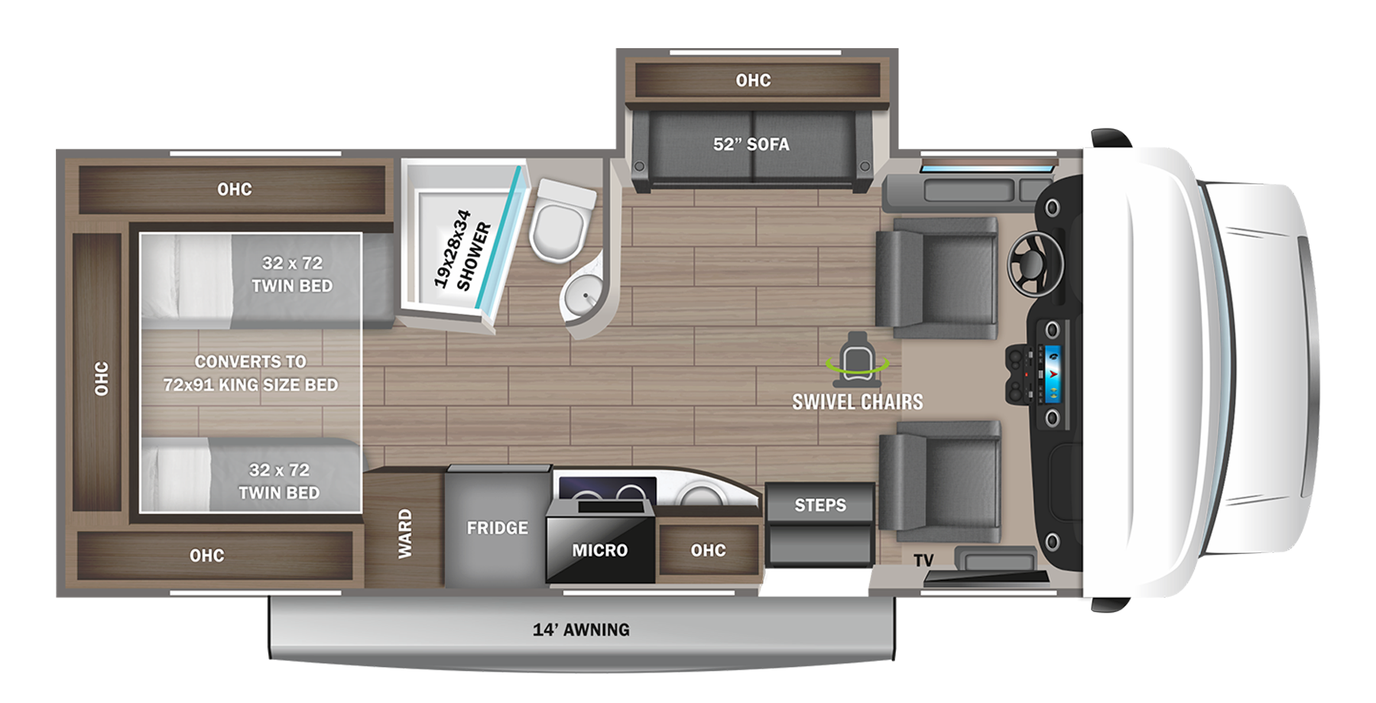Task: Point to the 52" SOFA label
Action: tap(751, 144)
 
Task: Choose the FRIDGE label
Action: tap(497, 528)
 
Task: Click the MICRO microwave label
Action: tap(599, 550)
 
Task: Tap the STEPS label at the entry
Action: tap(819, 505)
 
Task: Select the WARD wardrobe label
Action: tap(404, 533)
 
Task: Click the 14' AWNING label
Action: tap(581, 630)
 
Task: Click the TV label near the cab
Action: tap(923, 561)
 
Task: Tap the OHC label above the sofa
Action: tap(753, 80)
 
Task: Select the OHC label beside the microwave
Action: tap(708, 550)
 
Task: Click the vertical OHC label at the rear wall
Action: tap(101, 378)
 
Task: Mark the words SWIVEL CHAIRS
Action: tap(857, 402)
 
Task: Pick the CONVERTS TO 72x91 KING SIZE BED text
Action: tap(250, 373)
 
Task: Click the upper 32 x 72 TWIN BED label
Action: tap(292, 274)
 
